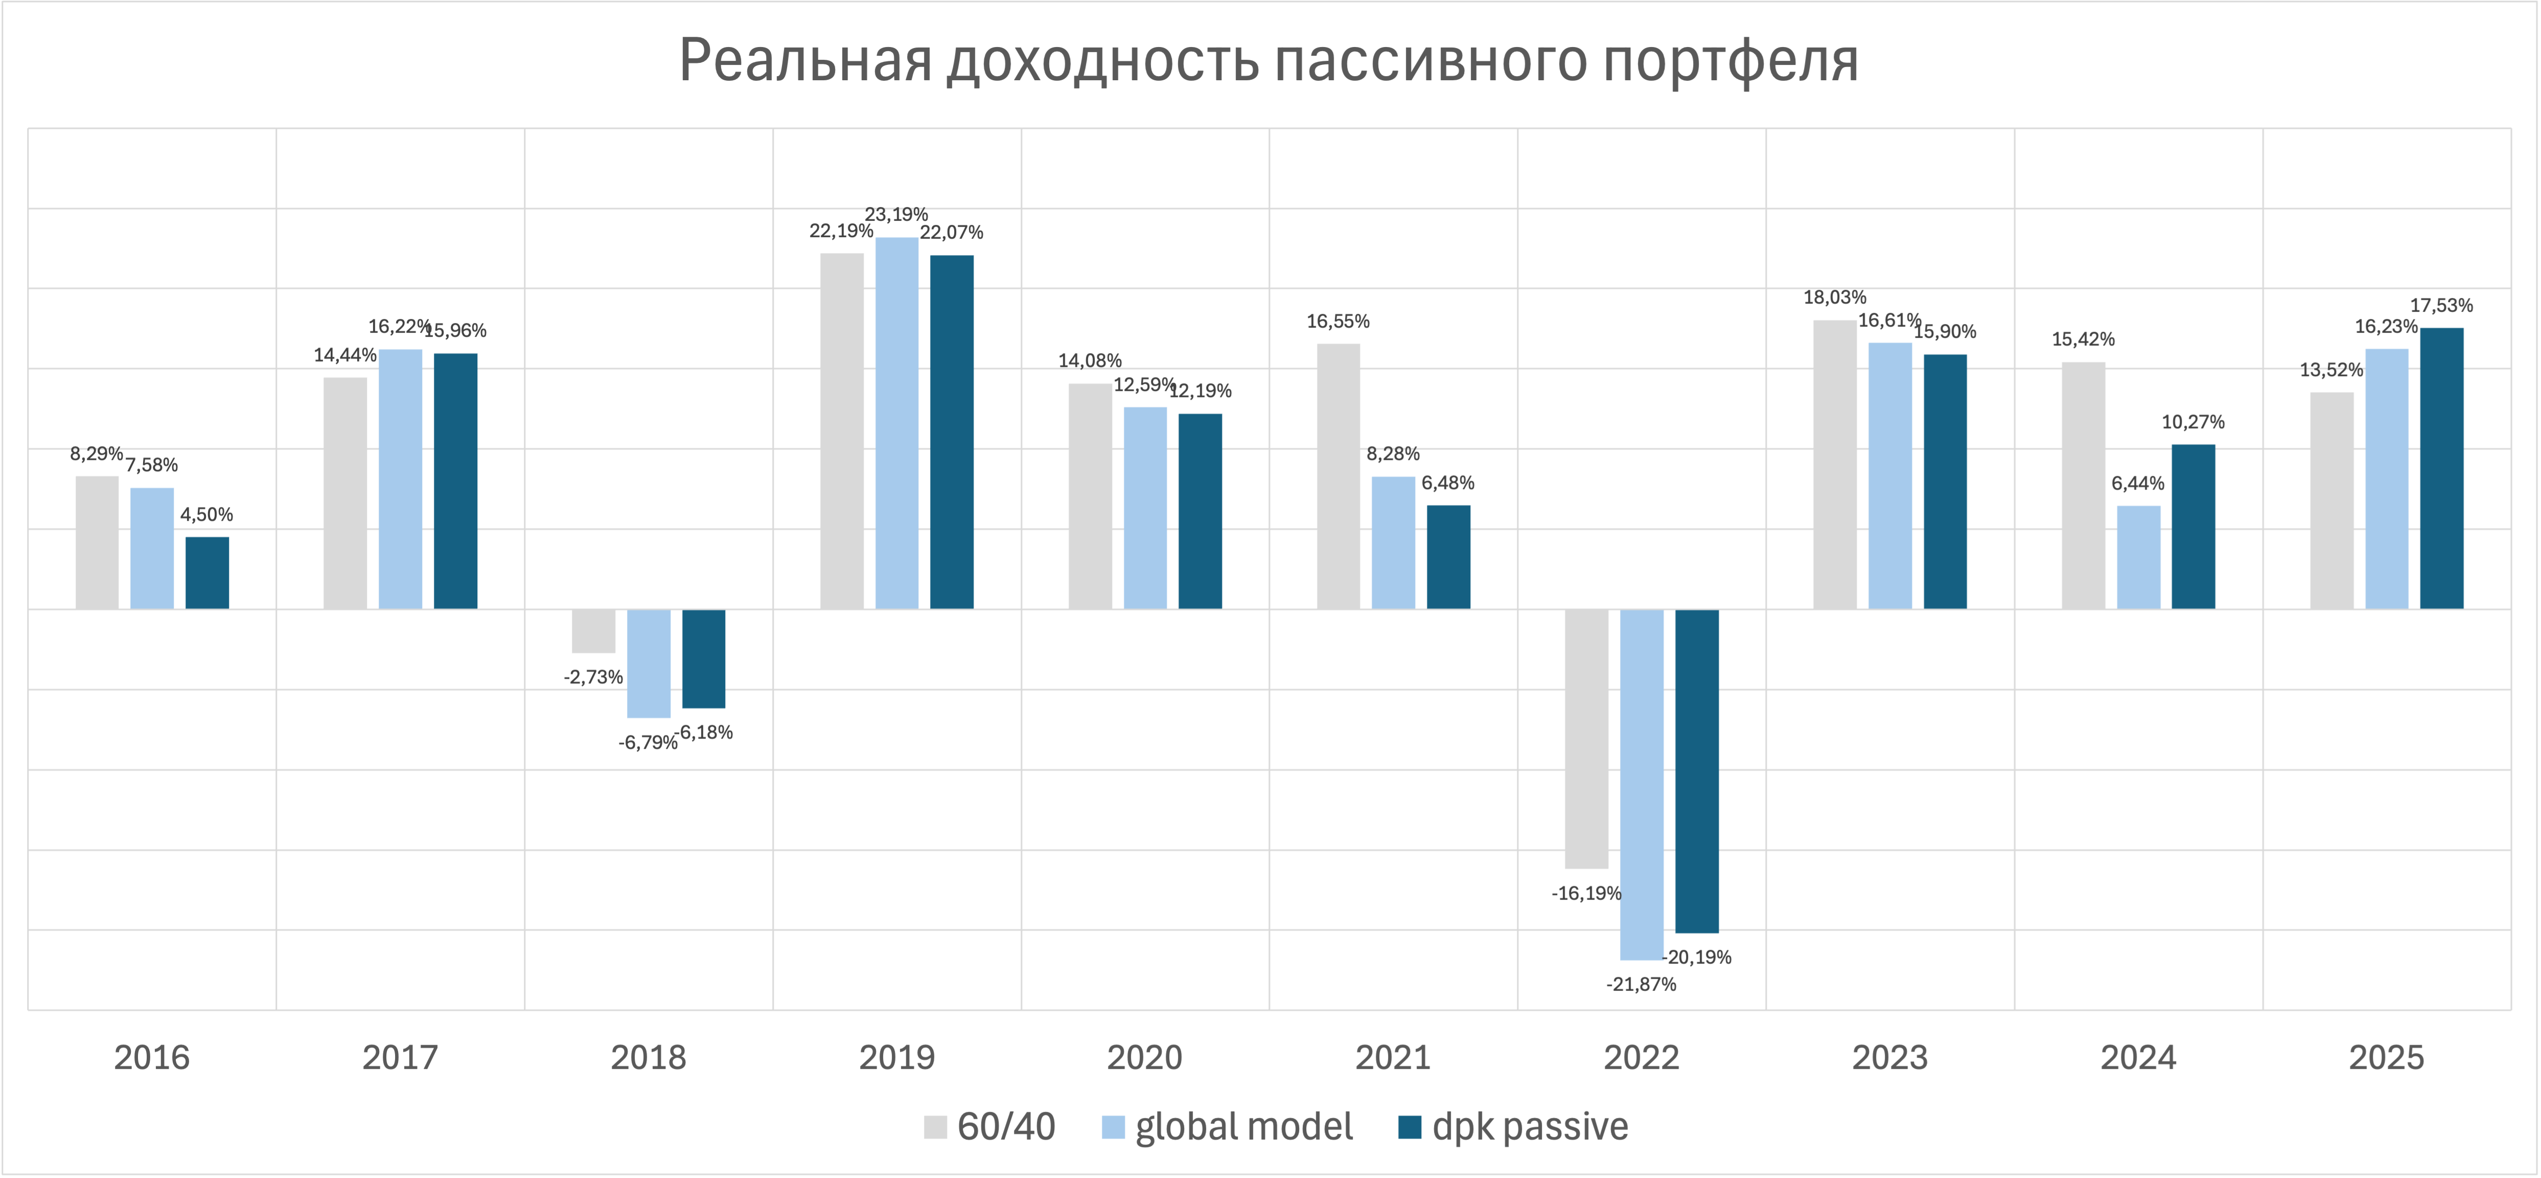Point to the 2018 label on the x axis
(x=648, y=1057)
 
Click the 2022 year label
(x=1642, y=1057)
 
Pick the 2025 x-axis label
(x=2386, y=1057)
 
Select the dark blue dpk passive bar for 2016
(x=207, y=573)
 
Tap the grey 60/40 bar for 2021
(x=1338, y=476)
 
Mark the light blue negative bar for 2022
(x=1642, y=784)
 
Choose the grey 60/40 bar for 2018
(x=594, y=632)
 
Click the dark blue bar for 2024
(x=2193, y=527)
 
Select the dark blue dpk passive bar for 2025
(x=2441, y=469)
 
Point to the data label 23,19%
(x=896, y=214)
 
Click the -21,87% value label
(x=1642, y=984)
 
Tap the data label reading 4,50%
(x=207, y=514)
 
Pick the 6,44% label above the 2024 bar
(x=2138, y=483)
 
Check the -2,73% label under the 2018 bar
(x=594, y=677)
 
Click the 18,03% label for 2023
(x=1835, y=297)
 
